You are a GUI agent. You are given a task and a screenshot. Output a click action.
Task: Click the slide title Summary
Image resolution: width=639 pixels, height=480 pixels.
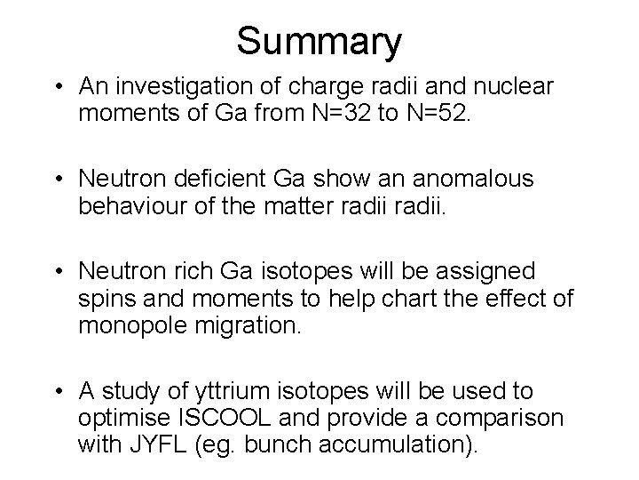319,40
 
